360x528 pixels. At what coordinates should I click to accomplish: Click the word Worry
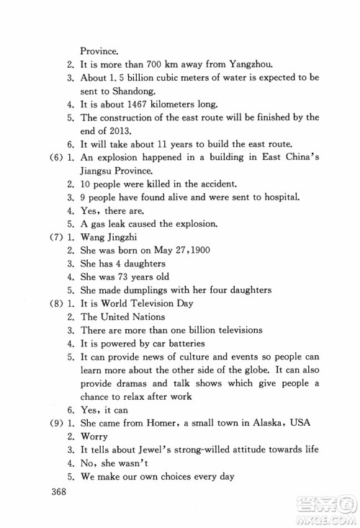pos(94,436)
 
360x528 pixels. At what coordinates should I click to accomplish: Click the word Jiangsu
pos(99,171)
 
